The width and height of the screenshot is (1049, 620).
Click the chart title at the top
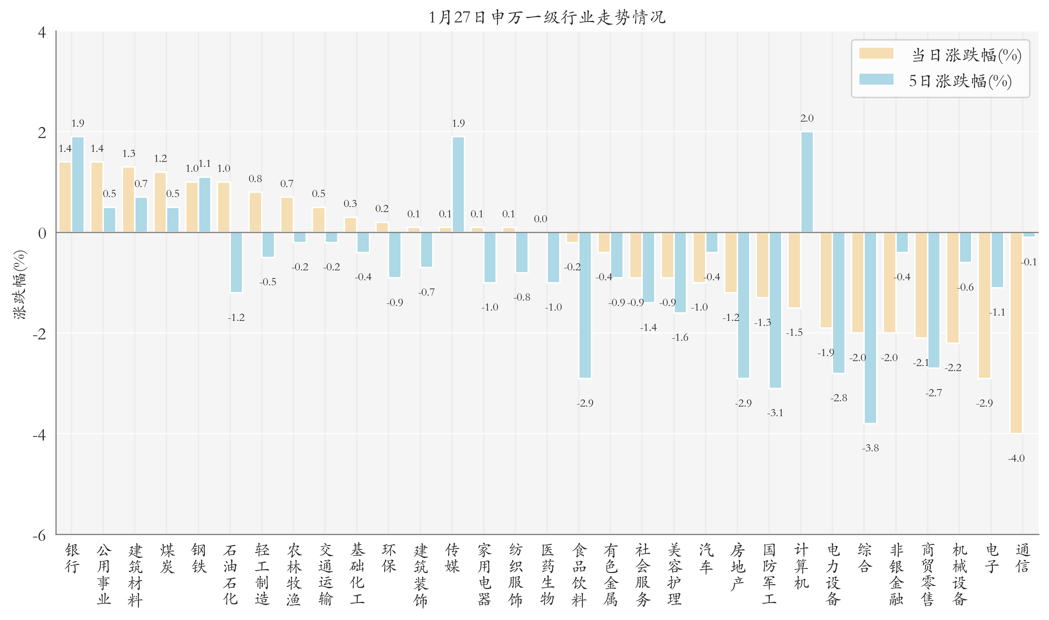pyautogui.click(x=547, y=17)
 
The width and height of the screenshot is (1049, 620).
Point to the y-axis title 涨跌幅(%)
pyautogui.click(x=20, y=284)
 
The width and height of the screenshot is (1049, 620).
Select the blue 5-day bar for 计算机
pyautogui.click(x=807, y=182)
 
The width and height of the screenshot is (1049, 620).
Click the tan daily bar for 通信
pyautogui.click(x=1016, y=333)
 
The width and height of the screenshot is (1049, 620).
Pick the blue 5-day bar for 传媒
pyautogui.click(x=458, y=185)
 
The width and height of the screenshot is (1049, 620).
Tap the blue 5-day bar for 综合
pyautogui.click(x=870, y=328)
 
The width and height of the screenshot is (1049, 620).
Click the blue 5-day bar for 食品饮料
pyautogui.click(x=585, y=305)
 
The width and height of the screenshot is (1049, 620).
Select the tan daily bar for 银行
pyautogui.click(x=65, y=197)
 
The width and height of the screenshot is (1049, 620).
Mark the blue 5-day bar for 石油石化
pyautogui.click(x=236, y=263)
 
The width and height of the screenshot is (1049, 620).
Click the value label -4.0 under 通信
pyautogui.click(x=1016, y=458)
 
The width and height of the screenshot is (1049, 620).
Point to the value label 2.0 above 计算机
pyautogui.click(x=807, y=118)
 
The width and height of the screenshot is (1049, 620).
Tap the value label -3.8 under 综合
pyautogui.click(x=870, y=448)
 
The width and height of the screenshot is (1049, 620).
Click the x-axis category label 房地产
pyautogui.click(x=737, y=567)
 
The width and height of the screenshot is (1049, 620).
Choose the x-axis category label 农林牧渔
pyautogui.click(x=294, y=574)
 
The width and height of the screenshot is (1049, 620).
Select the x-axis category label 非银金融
pyautogui.click(x=896, y=574)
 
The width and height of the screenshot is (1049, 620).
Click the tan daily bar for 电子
pyautogui.click(x=984, y=305)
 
